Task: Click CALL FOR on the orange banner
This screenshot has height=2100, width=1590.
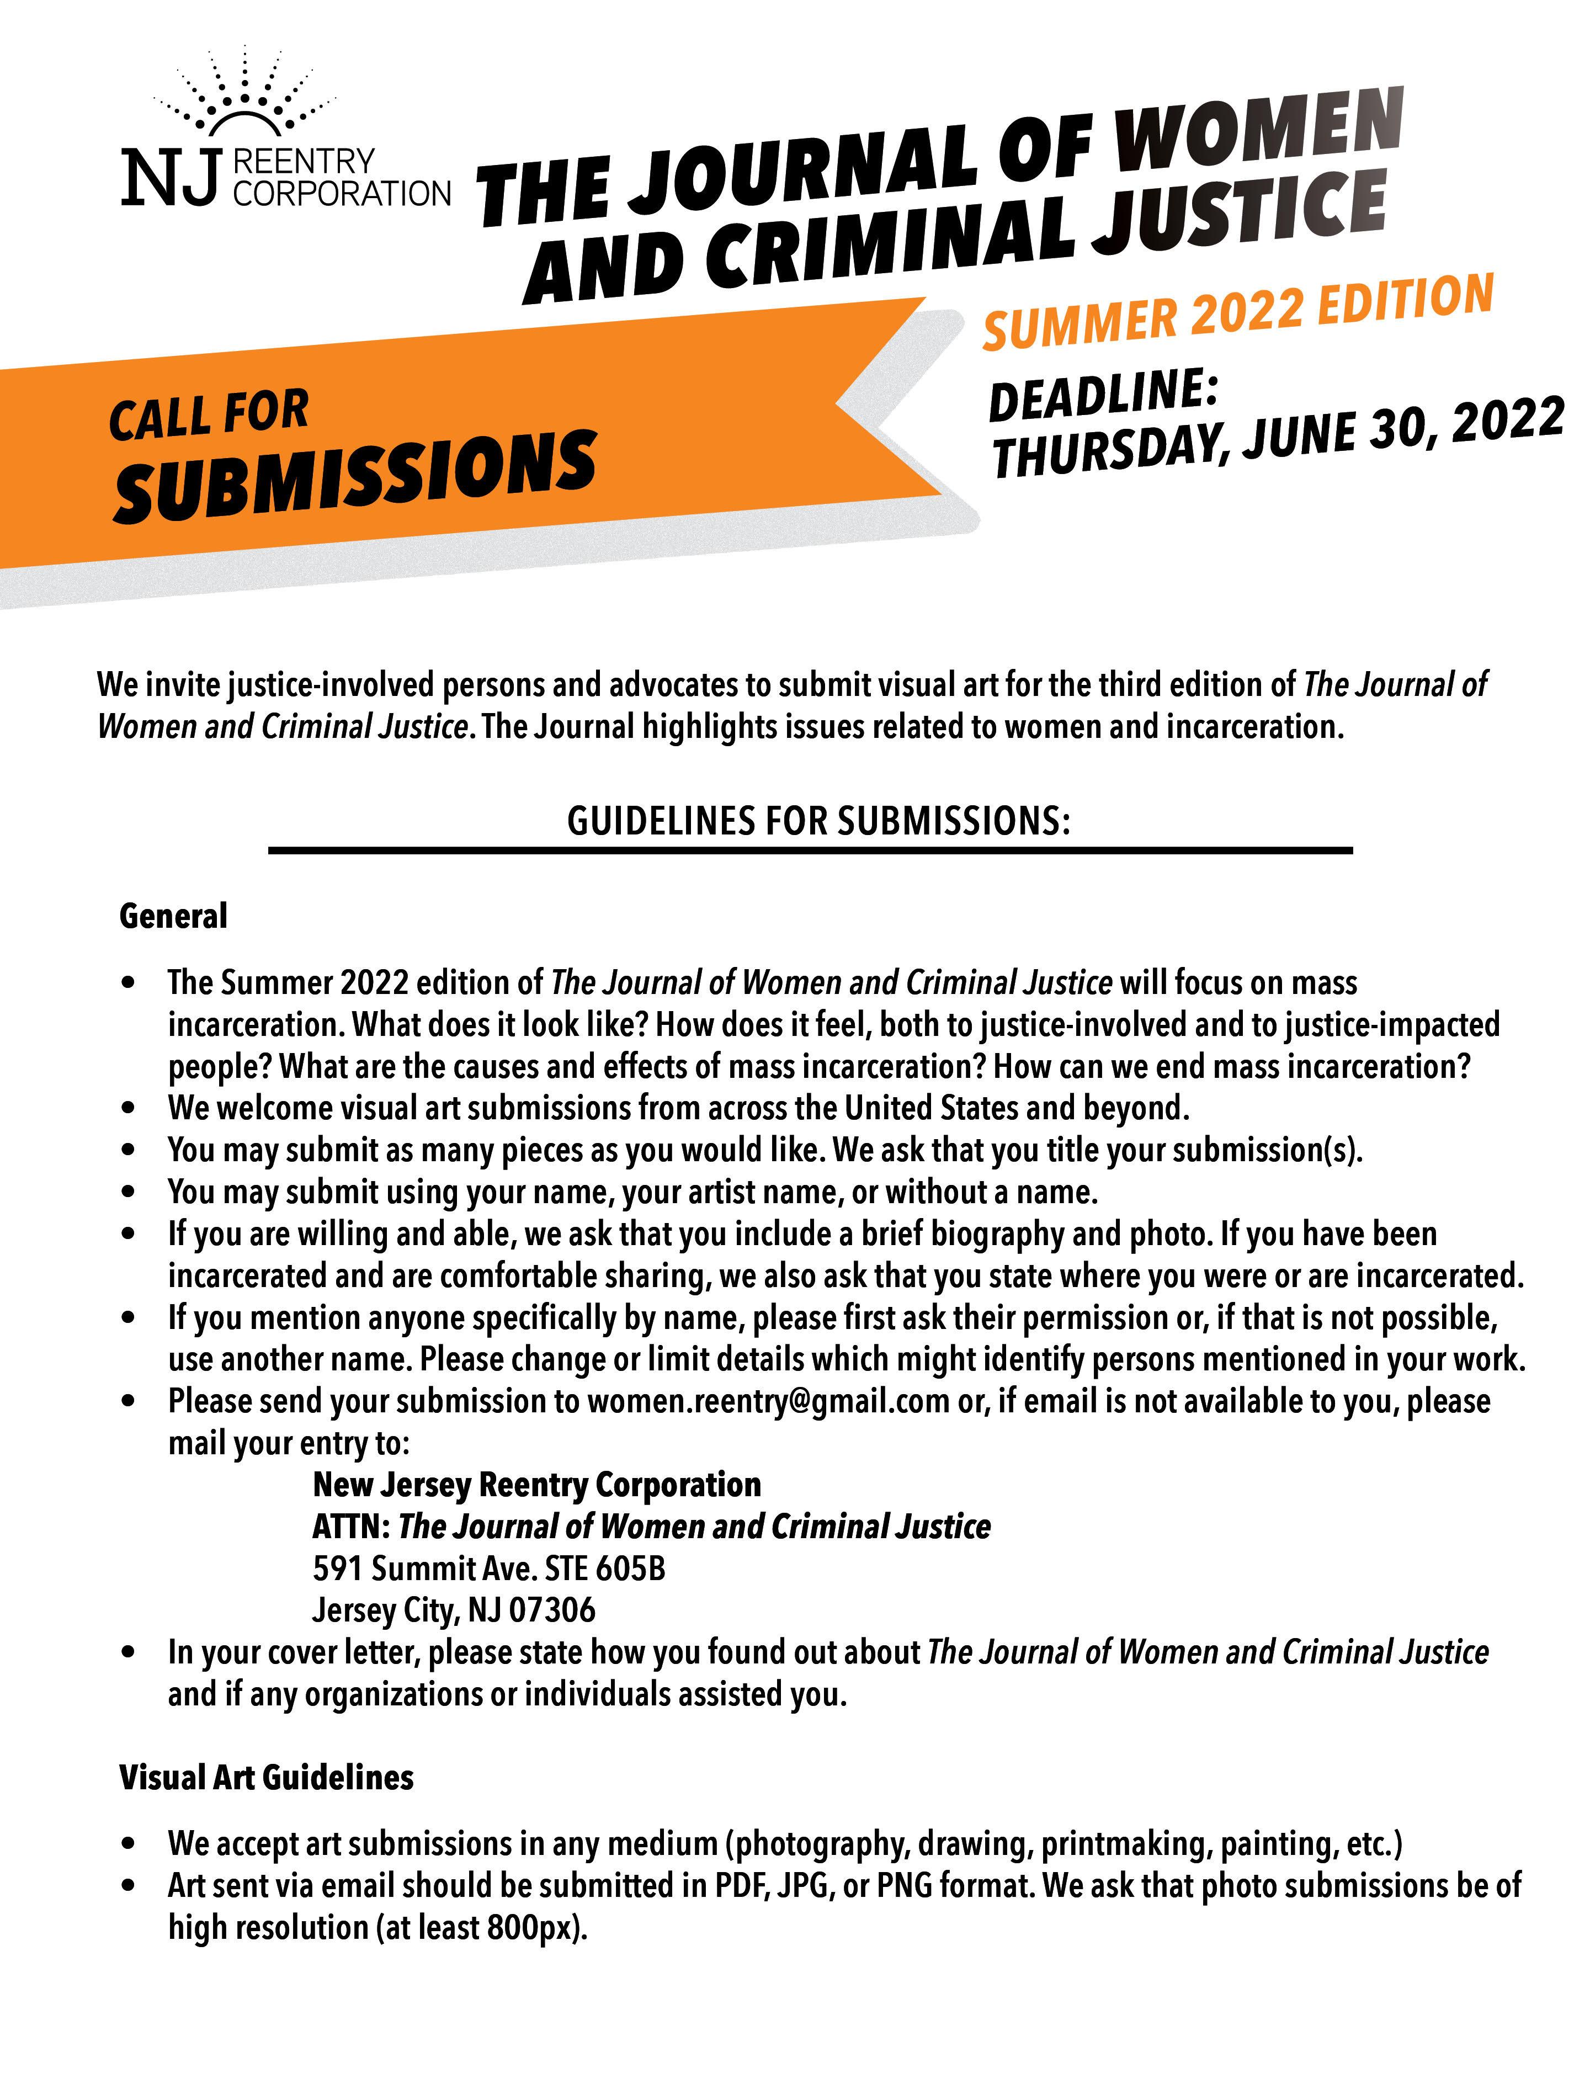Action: coord(209,415)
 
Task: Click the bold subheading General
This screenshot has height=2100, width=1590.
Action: coord(174,916)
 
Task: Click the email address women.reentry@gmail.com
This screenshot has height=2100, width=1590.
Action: coord(768,1401)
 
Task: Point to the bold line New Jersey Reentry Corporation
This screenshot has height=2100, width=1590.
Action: coord(536,1485)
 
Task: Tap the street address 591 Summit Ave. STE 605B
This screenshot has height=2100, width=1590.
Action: coord(489,1569)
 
